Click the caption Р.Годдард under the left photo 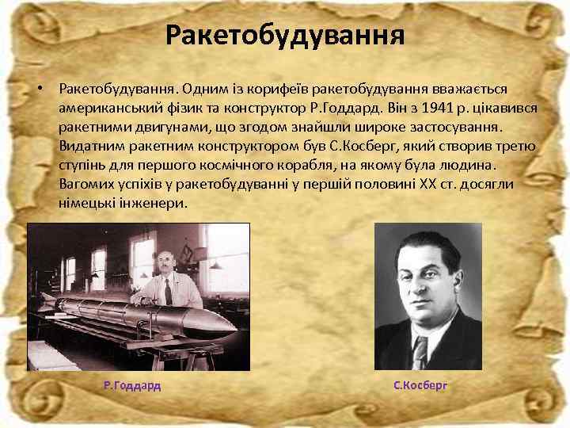[x=132, y=386]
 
